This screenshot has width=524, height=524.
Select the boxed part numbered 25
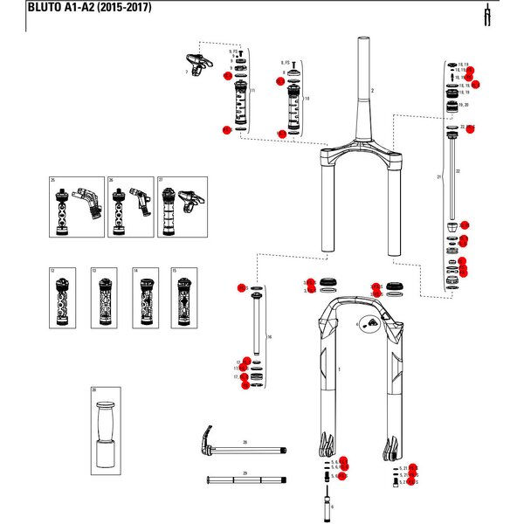tap(73, 207)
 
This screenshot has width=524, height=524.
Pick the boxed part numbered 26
tap(128, 207)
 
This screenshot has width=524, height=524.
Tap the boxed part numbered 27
tap(182, 207)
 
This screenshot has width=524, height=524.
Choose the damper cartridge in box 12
tap(62, 299)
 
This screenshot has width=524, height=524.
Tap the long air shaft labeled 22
tap(452, 175)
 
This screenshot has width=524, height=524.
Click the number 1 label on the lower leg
tap(339, 370)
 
